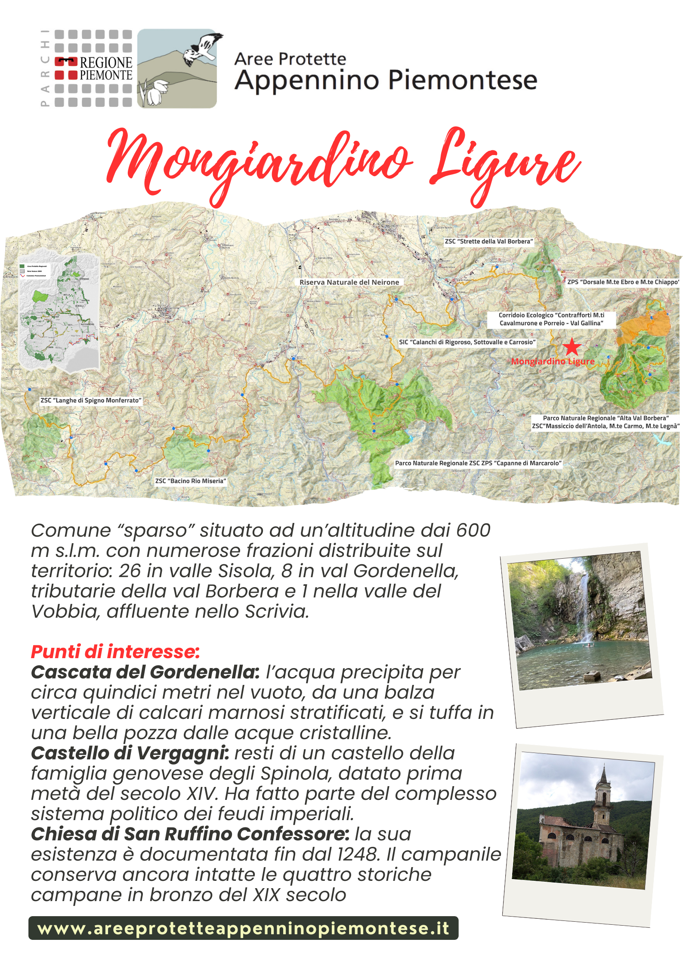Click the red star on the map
[572, 347]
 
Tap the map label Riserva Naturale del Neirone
[349, 282]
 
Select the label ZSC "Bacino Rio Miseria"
[190, 481]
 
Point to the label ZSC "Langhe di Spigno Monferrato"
[91, 400]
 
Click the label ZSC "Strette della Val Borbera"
[489, 241]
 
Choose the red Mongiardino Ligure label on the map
[553, 361]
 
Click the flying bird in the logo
[202, 48]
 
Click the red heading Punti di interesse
[115, 652]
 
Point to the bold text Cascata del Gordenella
[145, 672]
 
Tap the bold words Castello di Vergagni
[130, 753]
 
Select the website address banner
[243, 928]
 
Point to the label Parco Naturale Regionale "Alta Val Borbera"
[606, 418]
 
